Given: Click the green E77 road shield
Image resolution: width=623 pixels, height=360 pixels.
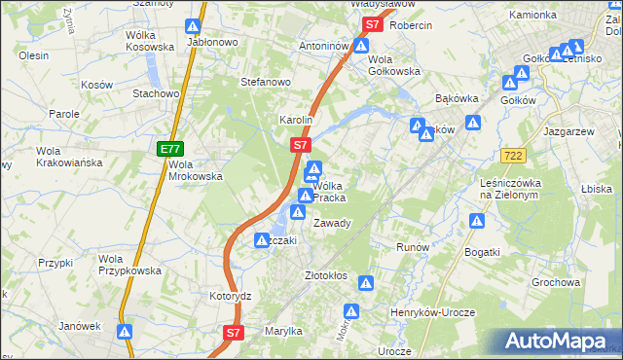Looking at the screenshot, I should click(x=169, y=149).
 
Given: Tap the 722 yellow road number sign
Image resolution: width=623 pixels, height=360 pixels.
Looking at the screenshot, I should click(x=515, y=156).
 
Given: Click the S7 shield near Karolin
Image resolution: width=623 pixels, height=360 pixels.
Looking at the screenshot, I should click(x=301, y=145).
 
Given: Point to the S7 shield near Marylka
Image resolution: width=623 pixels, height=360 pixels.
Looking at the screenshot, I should click(x=233, y=333).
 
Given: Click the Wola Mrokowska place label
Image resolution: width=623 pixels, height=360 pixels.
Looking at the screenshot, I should click(x=195, y=170).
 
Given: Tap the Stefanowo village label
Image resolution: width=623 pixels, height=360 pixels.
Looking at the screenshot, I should click(x=267, y=82).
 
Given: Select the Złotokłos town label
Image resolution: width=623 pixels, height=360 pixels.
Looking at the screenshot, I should click(x=326, y=275).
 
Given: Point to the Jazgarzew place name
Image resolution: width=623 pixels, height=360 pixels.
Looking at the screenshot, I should click(x=569, y=129).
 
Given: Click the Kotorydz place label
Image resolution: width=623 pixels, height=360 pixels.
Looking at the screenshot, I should click(x=231, y=295).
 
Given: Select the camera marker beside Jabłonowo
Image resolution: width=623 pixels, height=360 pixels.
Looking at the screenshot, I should click(x=194, y=26).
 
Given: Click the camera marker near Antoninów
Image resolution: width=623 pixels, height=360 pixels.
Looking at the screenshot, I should click(x=362, y=45).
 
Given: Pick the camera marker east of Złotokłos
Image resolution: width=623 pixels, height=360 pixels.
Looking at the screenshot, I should click(x=366, y=283).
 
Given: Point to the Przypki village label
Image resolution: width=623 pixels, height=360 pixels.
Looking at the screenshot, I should click(x=56, y=263).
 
